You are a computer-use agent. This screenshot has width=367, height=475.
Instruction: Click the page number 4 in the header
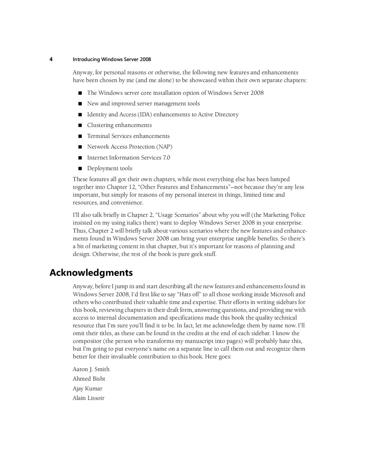[x=51, y=60]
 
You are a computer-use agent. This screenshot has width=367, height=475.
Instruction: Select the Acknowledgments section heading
[x=91, y=273]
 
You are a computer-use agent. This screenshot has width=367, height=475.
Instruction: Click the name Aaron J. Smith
[x=91, y=369]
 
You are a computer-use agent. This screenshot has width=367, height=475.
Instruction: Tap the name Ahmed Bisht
[x=89, y=379]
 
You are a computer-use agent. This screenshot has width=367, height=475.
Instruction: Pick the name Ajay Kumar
[x=87, y=389]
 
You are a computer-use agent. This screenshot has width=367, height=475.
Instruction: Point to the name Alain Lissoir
[x=89, y=398]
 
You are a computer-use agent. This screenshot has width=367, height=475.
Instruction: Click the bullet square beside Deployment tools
[x=80, y=168]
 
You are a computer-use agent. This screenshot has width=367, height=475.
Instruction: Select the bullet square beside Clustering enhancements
[x=80, y=125]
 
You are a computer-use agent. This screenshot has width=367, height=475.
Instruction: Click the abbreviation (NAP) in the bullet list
[x=164, y=147]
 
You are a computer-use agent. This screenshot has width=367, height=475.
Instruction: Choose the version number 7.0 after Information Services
[x=166, y=158]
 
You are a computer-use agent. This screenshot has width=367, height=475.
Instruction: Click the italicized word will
[x=245, y=215]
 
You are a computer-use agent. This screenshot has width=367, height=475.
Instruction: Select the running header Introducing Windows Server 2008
[x=112, y=60]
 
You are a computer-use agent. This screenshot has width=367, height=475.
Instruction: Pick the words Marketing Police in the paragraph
[x=284, y=215]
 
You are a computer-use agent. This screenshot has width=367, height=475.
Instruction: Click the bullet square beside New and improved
[x=80, y=104]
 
